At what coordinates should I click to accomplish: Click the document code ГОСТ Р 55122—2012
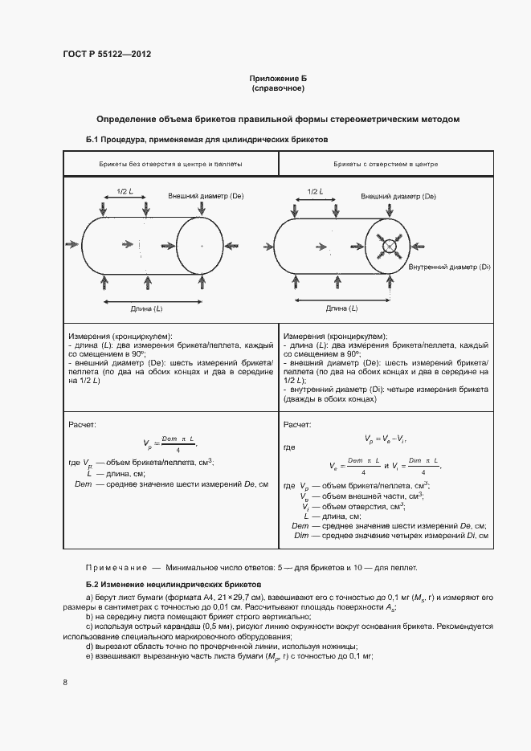coord(106,54)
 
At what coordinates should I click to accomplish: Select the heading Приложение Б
coord(277,79)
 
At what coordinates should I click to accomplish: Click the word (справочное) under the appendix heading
coord(277,88)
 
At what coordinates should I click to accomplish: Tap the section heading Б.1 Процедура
coord(207,140)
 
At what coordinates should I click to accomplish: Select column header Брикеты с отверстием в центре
coord(385,164)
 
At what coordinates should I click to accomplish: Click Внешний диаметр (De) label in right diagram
coord(398,196)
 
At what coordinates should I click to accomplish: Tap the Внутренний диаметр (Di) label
coord(449,267)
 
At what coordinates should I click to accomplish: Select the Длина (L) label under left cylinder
coord(146,308)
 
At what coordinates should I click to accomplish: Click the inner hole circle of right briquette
coord(390,245)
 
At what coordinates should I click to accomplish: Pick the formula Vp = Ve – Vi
coord(384,439)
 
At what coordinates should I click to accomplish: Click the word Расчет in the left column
coord(83,423)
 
